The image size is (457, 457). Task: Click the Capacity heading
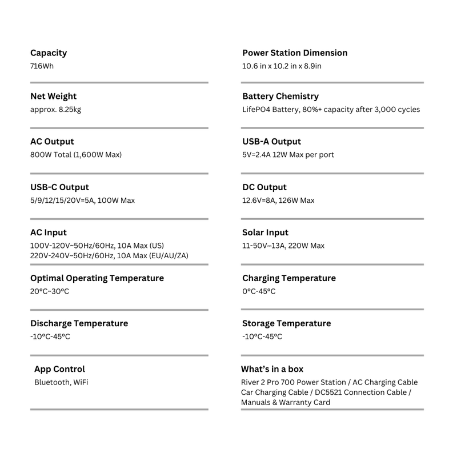coord(49,53)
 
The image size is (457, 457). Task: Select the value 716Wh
coord(42,66)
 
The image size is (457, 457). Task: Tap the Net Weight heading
coord(53,96)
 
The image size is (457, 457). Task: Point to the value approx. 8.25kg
coord(55,109)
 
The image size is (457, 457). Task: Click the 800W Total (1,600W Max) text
coord(76,155)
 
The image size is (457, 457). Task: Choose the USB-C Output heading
coord(59,187)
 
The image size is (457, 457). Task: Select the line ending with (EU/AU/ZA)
coord(109,255)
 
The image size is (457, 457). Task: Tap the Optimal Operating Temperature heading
coord(97,278)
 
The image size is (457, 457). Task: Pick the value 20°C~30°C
coord(50,291)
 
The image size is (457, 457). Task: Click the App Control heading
coord(59,369)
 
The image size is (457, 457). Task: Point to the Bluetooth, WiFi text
coord(61,382)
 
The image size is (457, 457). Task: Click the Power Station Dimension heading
coord(294,53)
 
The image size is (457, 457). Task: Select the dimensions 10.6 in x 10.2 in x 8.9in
coord(282,66)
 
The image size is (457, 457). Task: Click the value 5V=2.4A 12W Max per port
coord(288,155)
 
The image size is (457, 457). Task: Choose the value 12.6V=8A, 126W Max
coord(278,201)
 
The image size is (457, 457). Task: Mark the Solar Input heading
coord(265,232)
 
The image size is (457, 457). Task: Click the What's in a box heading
coord(272,369)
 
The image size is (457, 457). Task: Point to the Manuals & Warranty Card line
coord(285,402)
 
